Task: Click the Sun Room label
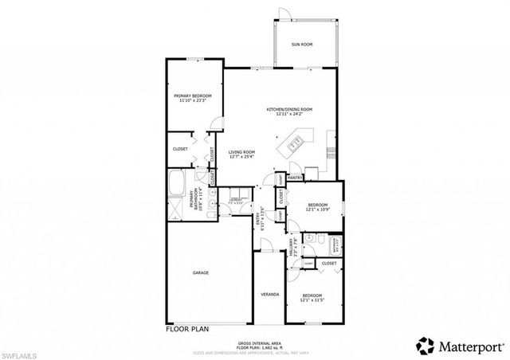pyautogui.click(x=300, y=45)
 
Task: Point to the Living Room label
pyautogui.click(x=241, y=154)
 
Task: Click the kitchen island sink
pyautogui.click(x=293, y=144)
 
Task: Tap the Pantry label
pyautogui.click(x=294, y=178)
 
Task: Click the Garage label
pyautogui.click(x=201, y=273)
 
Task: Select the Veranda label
pyautogui.click(x=270, y=295)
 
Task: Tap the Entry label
pyautogui.click(x=257, y=217)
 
